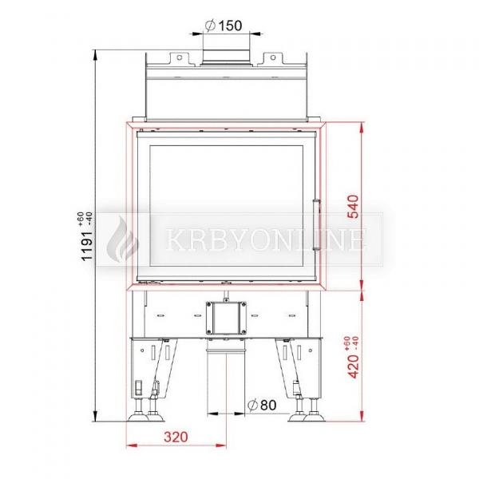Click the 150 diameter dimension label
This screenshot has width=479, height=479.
point(224,26)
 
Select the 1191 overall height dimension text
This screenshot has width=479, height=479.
point(87,246)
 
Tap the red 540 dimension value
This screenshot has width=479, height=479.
point(353,207)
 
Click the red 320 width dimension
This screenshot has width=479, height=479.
point(176,437)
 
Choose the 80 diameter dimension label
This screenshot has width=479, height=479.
point(262,405)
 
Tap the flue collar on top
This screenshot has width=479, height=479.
point(227,57)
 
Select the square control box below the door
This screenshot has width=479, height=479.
point(226,318)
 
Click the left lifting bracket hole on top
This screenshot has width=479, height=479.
point(180,57)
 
